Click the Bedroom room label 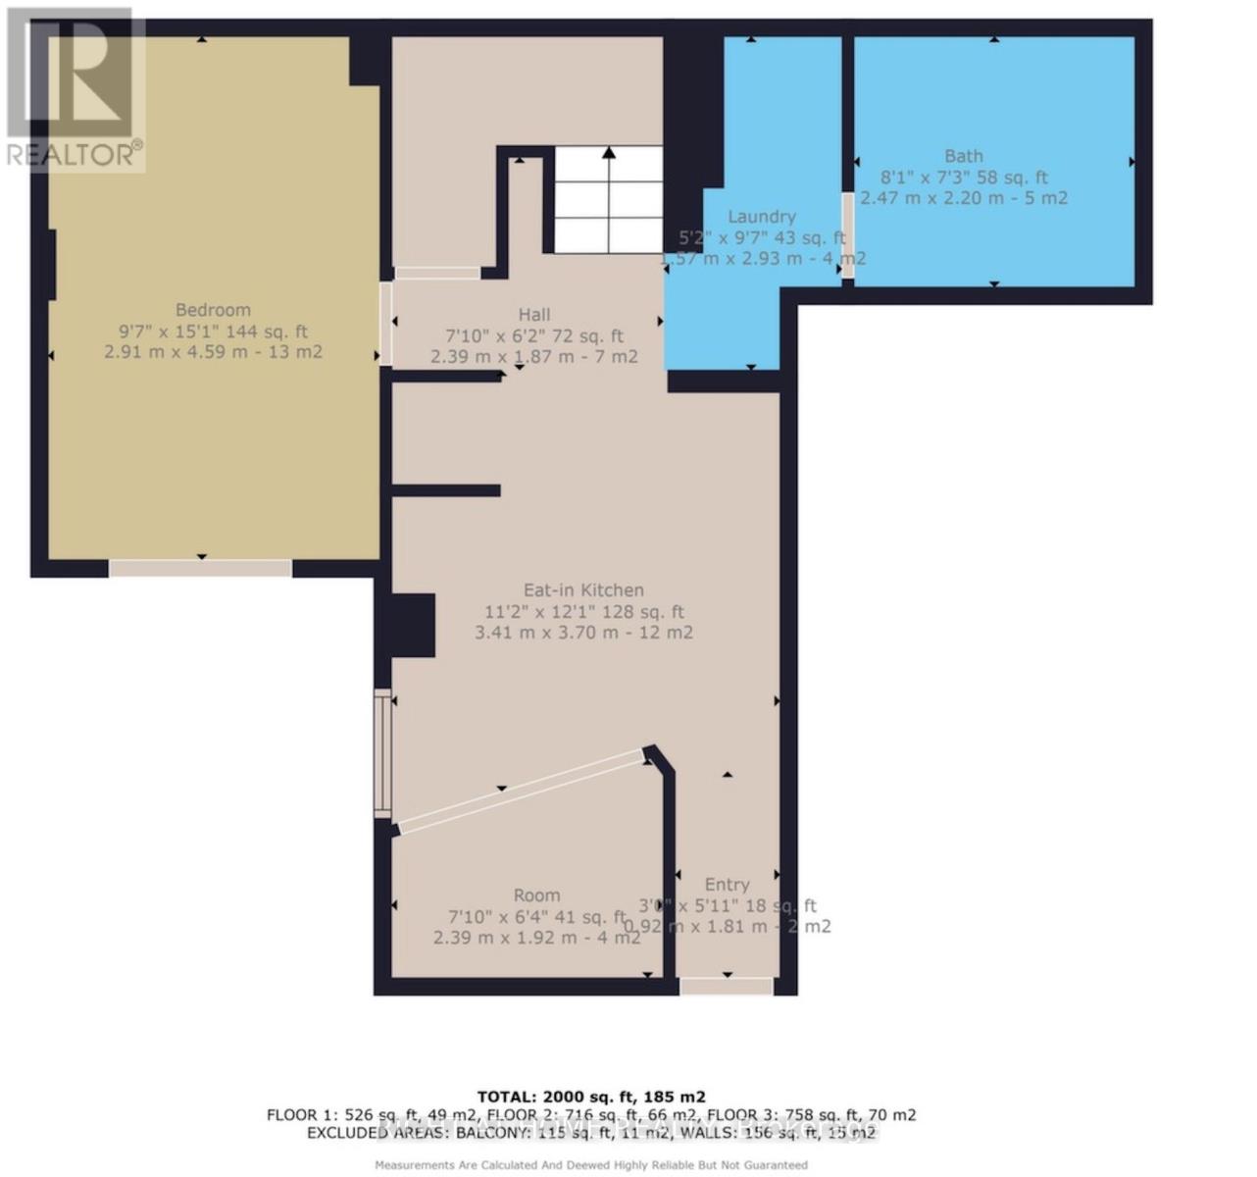(213, 310)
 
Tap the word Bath (963, 156)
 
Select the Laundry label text (762, 217)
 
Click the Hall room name (534, 314)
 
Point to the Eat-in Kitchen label (583, 589)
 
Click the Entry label (727, 884)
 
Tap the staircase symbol (608, 199)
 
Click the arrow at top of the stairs (609, 153)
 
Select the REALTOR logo (74, 88)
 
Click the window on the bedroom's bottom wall (200, 568)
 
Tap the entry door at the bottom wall (727, 986)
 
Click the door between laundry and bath (847, 235)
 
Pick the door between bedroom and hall (385, 324)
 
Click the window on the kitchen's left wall (382, 753)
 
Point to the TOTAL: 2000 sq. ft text (591, 1097)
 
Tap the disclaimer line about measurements (591, 1165)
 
